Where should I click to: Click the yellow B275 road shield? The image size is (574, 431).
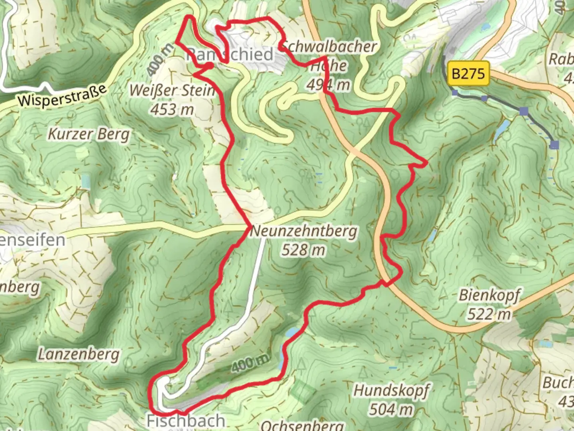tap(468, 74)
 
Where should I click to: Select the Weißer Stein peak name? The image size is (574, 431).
tap(172, 91)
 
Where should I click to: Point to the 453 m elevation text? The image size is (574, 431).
tap(172, 109)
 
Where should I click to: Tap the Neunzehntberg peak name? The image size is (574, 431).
tap(304, 231)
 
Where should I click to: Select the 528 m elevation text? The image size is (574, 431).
tap(303, 250)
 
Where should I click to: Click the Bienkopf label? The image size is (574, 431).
tap(489, 295)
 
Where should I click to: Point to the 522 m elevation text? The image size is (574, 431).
tap(489, 314)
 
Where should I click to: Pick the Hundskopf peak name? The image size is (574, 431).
tap(391, 390)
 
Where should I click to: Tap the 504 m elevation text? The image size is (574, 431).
tap(391, 409)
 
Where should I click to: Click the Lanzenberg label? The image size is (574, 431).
tap(79, 354)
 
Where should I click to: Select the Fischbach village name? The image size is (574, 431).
tap(186, 421)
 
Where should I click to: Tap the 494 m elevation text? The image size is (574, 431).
tap(328, 85)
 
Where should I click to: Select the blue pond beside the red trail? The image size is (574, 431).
tap(292, 333)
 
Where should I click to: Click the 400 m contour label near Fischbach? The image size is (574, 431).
tap(250, 363)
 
